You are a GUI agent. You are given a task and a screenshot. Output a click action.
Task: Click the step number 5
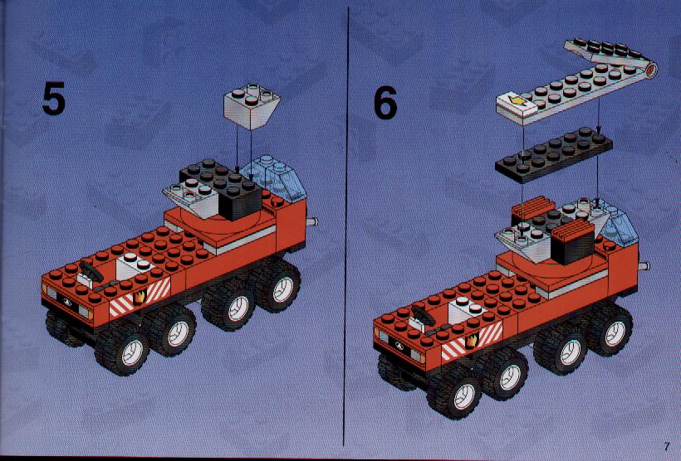(54, 99)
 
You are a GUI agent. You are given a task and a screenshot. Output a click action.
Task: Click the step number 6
(385, 102)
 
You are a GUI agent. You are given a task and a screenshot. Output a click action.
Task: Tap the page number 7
(667, 446)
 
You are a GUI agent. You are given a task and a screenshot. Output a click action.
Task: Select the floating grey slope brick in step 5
(252, 106)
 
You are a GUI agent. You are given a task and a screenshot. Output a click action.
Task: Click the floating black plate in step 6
(554, 154)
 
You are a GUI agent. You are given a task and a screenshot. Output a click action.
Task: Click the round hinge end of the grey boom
(650, 70)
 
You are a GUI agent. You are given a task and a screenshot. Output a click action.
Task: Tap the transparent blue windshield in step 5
(272, 177)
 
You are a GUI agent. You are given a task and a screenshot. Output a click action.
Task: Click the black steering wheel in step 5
(91, 271)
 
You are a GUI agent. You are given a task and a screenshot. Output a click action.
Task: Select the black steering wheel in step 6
(423, 316)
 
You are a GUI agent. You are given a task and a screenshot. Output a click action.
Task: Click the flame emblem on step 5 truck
(140, 297)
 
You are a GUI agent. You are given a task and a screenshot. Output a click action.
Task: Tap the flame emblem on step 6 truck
(472, 342)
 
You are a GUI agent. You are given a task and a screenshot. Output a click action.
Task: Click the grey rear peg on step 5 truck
(311, 222)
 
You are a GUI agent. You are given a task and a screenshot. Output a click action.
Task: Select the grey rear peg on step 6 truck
(644, 265)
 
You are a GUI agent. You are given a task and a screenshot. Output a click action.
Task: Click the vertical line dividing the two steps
(345, 226)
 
